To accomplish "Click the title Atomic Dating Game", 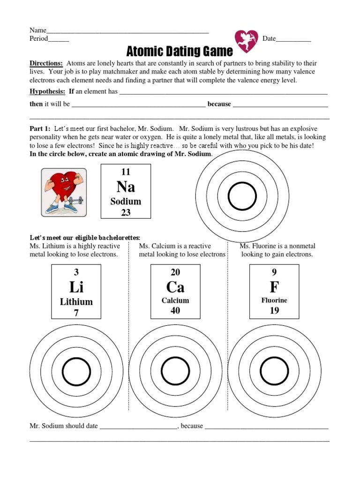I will tap(180, 51).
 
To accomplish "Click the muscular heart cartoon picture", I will tap(64, 192).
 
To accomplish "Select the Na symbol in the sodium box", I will tap(126, 187).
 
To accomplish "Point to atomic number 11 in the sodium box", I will tap(126, 172).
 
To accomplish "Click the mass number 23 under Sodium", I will tap(126, 212).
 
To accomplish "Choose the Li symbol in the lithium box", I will tap(76, 287).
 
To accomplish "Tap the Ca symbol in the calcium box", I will tap(175, 287).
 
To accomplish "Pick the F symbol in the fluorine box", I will tap(274, 287).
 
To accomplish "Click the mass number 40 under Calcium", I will tap(175, 310).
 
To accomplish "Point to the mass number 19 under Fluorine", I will tap(274, 310).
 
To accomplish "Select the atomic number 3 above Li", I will tap(76, 272).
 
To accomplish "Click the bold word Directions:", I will tap(46, 63).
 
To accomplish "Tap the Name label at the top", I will tap(38, 30).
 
